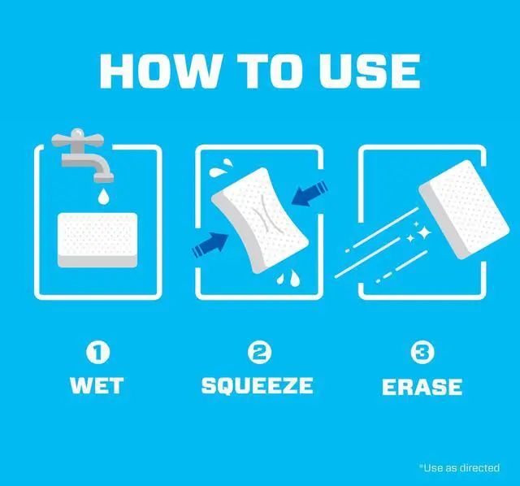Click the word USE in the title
coord(370,72)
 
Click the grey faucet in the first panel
coord(83,155)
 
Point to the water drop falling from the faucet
coord(103,197)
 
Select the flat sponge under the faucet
coord(97,241)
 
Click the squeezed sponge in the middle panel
coord(260,220)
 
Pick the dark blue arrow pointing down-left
coord(310,194)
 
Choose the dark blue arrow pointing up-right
coord(210,245)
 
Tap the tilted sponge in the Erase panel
coord(464,210)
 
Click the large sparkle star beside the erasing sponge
coord(423,232)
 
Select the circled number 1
coord(97,352)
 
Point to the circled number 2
coord(260,352)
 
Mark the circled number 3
coord(422,352)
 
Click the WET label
coord(97,385)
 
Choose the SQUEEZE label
coord(258,385)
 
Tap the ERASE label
coord(422,387)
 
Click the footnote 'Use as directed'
coord(460,468)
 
